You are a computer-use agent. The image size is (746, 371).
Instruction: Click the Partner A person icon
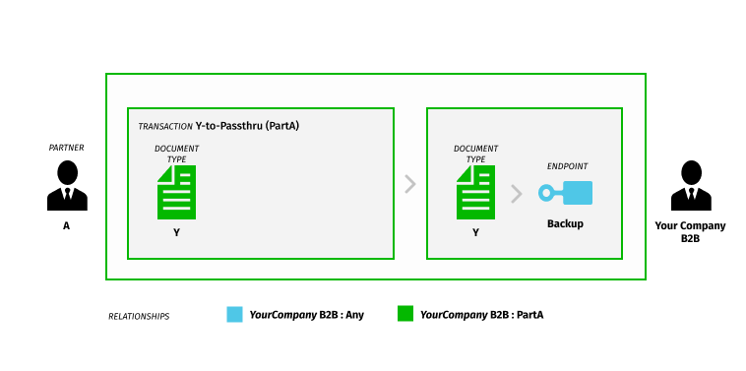tap(67, 187)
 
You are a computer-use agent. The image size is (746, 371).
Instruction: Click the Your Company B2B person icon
tap(690, 187)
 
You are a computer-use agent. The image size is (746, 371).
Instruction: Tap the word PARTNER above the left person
tap(67, 148)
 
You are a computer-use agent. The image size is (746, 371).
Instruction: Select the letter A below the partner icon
tap(67, 225)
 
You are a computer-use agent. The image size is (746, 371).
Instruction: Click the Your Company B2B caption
tap(690, 231)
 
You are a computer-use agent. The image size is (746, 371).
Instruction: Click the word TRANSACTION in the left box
tap(164, 127)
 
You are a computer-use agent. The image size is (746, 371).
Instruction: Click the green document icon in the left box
tap(177, 192)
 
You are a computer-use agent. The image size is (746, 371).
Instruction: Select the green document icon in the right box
tap(475, 192)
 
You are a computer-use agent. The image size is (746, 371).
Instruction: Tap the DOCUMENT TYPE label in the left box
tap(177, 154)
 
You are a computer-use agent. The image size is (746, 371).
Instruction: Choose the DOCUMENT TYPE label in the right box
tap(475, 154)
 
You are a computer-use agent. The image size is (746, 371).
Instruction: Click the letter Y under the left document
tap(177, 233)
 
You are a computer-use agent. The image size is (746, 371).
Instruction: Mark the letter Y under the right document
tap(475, 233)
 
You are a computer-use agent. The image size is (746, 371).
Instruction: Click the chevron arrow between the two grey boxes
tap(409, 184)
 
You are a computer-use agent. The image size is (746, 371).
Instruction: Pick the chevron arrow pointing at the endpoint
tap(516, 193)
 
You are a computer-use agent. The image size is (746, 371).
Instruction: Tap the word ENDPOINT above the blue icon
tap(567, 166)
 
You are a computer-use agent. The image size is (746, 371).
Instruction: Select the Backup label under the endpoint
tap(565, 223)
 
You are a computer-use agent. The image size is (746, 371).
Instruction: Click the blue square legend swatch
tap(234, 315)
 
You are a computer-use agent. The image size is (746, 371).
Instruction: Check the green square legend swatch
tap(404, 315)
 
